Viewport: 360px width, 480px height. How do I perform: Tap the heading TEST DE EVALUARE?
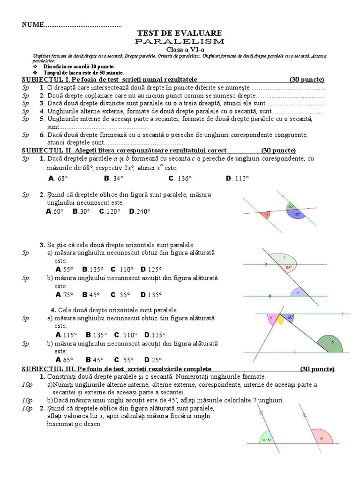(180, 33)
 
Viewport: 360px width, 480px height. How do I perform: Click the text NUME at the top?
(33, 24)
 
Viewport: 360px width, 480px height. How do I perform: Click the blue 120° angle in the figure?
(296, 215)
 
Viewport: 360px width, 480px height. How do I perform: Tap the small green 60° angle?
(291, 206)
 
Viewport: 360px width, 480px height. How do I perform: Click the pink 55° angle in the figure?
(288, 268)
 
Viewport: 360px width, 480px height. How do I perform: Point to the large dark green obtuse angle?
(331, 344)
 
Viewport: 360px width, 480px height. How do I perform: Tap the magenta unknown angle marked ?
(271, 319)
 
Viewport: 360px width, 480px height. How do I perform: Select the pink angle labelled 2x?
(321, 437)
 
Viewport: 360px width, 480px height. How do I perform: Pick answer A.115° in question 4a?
(65, 335)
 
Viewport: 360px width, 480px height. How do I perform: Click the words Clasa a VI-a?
(180, 49)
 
